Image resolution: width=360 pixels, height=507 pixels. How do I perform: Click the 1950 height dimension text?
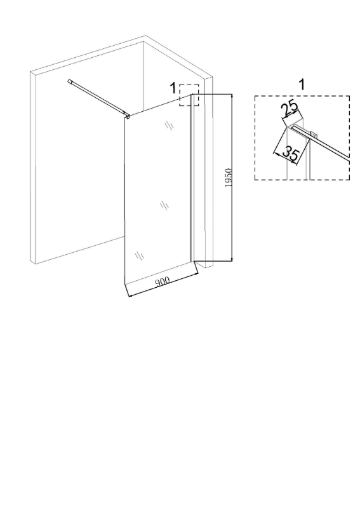(229, 177)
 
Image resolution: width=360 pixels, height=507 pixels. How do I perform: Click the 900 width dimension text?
(163, 281)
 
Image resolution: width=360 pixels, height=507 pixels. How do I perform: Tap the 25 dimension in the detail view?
(290, 109)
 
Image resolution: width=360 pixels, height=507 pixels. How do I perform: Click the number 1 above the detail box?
(302, 84)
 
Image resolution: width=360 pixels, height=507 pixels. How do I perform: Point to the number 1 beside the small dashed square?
(173, 88)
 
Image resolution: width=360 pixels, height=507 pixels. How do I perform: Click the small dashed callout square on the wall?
(189, 95)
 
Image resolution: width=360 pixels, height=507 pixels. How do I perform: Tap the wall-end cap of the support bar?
(70, 81)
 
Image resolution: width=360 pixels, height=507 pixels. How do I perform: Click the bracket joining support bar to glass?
(127, 115)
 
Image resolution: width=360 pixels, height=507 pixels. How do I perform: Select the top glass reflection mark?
(170, 125)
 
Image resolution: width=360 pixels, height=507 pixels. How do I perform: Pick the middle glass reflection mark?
(164, 205)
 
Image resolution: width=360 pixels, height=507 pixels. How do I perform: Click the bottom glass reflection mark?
(140, 256)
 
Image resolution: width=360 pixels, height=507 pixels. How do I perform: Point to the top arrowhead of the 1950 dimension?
(231, 96)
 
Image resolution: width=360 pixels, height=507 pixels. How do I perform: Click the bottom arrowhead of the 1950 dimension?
(231, 259)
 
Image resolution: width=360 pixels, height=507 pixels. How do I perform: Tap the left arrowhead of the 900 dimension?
(130, 295)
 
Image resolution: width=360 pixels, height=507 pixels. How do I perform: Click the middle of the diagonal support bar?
(97, 97)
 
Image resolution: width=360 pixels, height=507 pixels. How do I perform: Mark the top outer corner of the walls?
(145, 36)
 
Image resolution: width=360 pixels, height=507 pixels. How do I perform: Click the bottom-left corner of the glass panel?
(124, 284)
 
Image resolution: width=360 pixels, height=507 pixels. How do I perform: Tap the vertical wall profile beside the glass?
(192, 177)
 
